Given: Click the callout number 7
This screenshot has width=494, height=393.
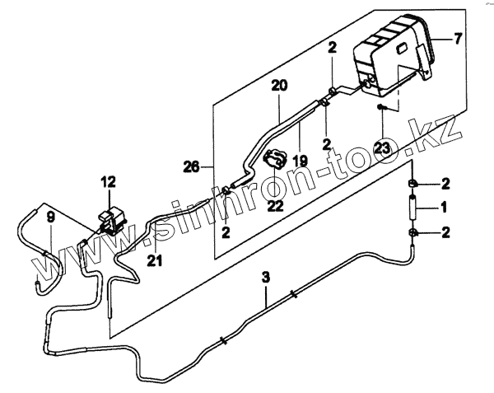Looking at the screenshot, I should pyautogui.click(x=459, y=39).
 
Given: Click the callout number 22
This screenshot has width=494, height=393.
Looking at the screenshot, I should pyautogui.click(x=275, y=204).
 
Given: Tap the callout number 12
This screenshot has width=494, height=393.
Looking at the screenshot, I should pyautogui.click(x=110, y=182).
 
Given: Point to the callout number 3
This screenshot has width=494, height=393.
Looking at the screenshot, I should pyautogui.click(x=266, y=278).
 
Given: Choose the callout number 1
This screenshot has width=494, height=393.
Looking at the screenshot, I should pyautogui.click(x=443, y=206).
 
